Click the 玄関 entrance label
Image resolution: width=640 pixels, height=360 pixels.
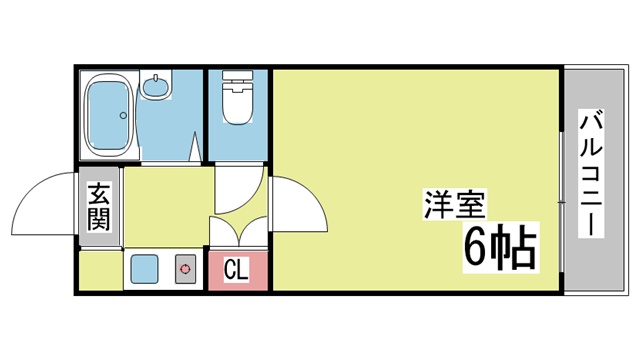[99, 206]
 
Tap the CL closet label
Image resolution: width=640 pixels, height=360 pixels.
[236, 269]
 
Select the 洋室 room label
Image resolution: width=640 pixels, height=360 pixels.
[455, 205]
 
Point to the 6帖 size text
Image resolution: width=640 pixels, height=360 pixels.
[500, 248]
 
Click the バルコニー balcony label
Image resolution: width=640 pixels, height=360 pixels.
[591, 173]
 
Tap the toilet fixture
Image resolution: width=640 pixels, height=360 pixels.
[237, 97]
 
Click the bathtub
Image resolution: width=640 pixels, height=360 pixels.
[108, 116]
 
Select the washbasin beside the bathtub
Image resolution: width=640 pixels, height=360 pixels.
[156, 87]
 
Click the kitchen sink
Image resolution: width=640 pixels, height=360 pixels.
[144, 269]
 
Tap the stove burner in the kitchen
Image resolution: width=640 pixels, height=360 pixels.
[185, 269]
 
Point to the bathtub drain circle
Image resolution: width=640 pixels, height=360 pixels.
[123, 116]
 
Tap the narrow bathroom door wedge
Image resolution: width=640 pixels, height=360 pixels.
[196, 147]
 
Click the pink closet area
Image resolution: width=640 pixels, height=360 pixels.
[238, 270]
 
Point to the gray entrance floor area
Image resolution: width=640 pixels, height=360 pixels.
[99, 206]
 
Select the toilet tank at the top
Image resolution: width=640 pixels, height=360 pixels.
[237, 76]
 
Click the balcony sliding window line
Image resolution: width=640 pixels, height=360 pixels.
[562, 202]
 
